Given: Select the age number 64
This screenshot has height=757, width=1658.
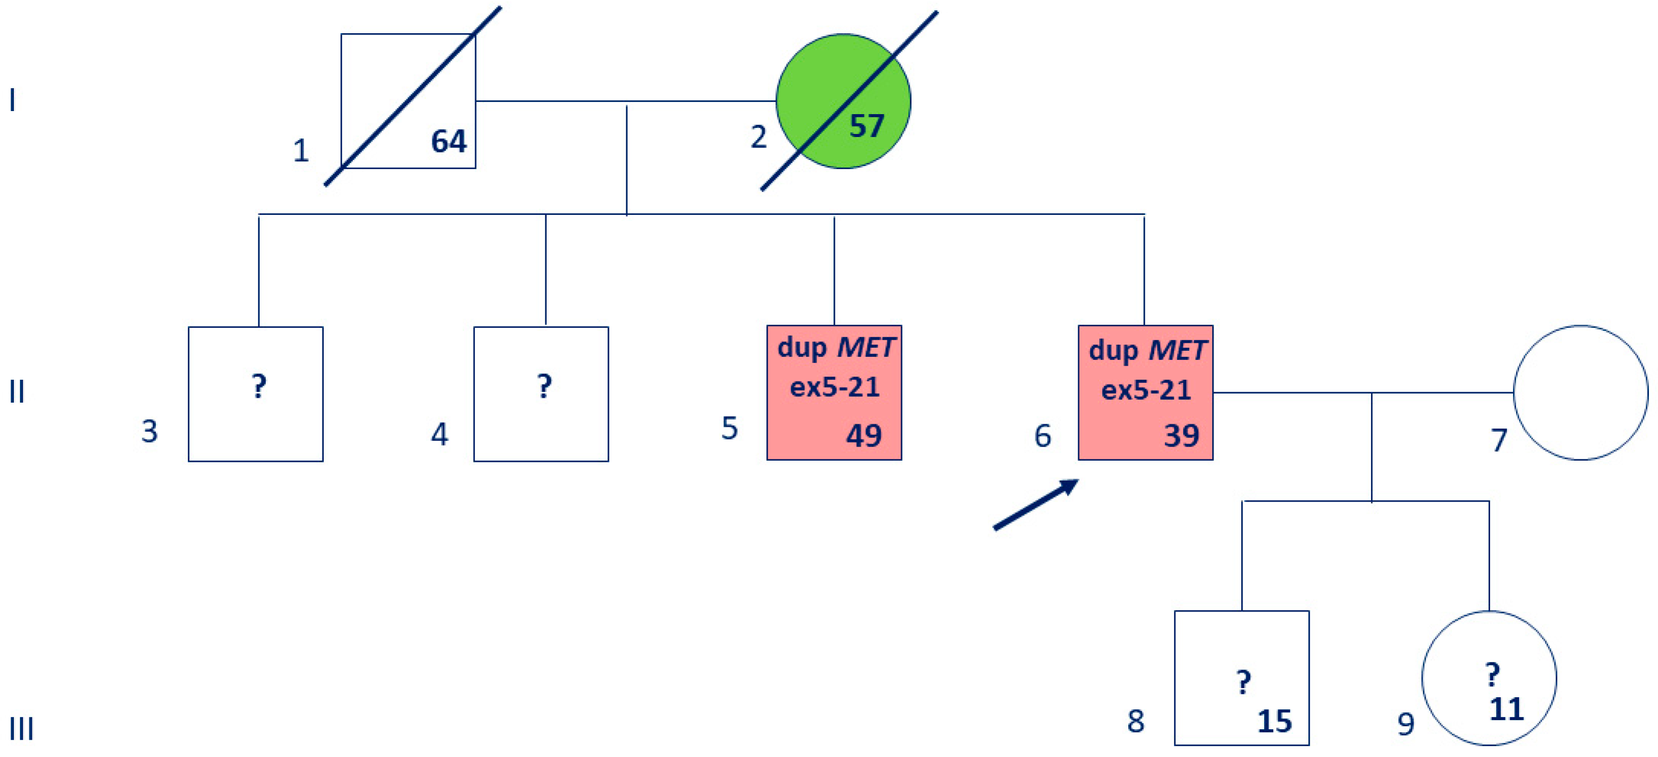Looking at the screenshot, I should tap(449, 141).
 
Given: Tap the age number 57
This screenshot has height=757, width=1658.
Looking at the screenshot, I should tap(867, 126).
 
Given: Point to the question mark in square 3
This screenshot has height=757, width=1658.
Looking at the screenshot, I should tap(259, 386).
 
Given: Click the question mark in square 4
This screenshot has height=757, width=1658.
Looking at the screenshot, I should tap(545, 386).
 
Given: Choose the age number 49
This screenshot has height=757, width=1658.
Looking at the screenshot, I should tap(864, 435).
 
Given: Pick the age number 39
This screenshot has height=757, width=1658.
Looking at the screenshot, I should tap(1181, 435).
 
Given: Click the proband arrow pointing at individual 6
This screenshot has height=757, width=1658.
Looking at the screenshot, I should tap(1035, 505).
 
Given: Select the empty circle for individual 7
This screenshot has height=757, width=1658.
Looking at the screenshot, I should tap(1581, 392).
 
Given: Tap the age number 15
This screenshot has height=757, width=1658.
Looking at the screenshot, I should tap(1274, 721).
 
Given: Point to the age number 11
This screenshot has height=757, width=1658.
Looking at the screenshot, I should tap(1507, 709).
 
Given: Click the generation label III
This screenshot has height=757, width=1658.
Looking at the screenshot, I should tap(21, 729).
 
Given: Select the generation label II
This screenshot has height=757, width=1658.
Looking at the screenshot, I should tap(18, 391).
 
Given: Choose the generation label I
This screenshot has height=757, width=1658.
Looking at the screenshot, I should tap(12, 100).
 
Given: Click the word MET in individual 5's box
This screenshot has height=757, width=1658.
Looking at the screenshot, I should tap(866, 347).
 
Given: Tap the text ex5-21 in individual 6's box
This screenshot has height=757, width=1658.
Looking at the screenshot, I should tap(1146, 390).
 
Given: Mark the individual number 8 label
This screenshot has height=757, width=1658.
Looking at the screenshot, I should tap(1136, 721).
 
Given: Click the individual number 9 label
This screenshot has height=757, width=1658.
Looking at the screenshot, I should tap(1406, 724).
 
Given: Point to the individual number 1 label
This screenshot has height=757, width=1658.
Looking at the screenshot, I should tap(301, 150).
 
